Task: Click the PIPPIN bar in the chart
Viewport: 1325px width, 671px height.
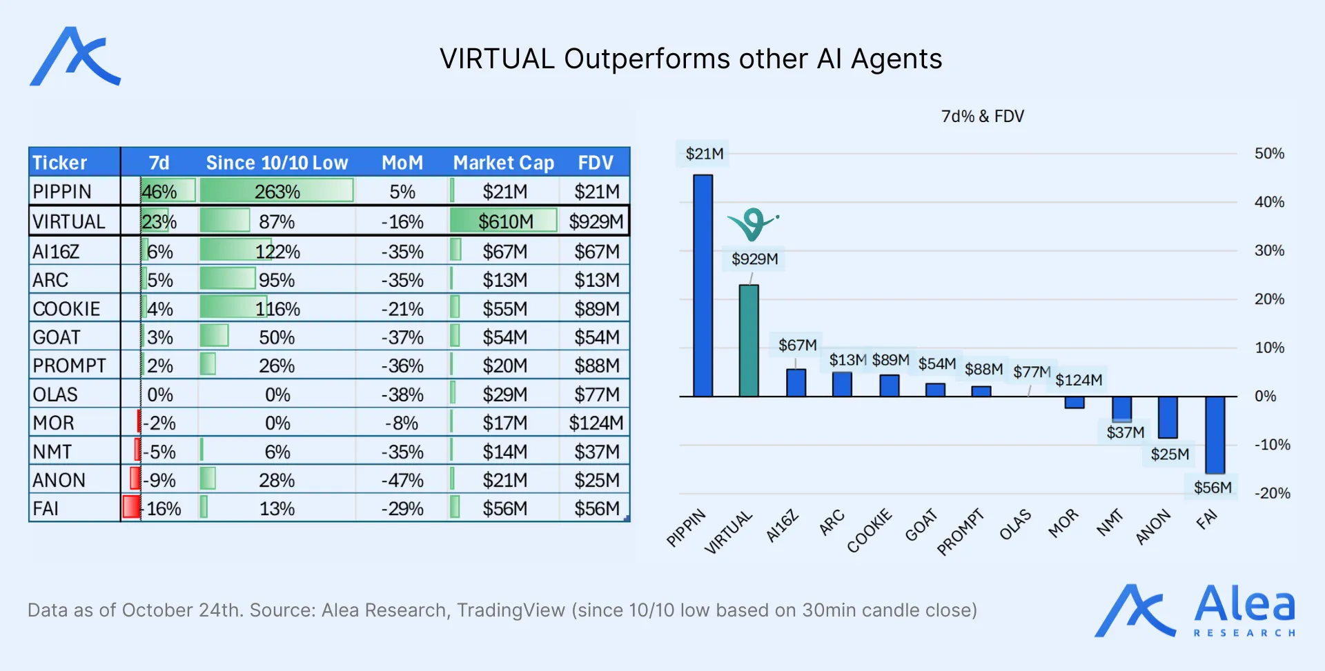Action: [703, 286]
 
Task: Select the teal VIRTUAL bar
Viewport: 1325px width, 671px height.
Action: [749, 341]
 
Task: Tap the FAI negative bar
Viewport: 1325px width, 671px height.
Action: [1215, 434]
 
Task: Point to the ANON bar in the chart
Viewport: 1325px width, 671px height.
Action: [1168, 417]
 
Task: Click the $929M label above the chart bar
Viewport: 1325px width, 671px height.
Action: [754, 259]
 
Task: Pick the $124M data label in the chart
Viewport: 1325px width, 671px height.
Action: [1079, 380]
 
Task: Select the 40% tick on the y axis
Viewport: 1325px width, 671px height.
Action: [1269, 202]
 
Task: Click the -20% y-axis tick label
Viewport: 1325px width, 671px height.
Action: [1272, 493]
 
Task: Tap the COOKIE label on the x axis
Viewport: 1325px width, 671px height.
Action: [870, 530]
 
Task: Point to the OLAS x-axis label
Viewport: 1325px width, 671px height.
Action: [1015, 525]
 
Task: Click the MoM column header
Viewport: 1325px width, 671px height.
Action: [402, 163]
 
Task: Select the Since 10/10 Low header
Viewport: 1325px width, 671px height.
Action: [277, 163]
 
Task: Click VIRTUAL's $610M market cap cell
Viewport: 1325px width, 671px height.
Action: [505, 221]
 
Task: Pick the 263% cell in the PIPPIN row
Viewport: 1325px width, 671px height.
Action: [277, 192]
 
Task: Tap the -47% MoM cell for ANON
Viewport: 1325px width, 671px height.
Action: [402, 480]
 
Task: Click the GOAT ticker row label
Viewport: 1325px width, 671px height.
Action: [57, 337]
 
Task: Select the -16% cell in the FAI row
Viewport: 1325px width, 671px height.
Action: [163, 509]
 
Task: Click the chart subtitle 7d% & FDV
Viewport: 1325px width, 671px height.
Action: [982, 117]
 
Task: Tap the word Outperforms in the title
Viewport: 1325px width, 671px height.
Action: [647, 59]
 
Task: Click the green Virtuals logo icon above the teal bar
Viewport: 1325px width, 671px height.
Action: [752, 223]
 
